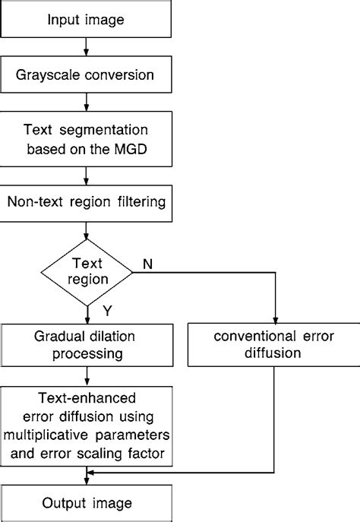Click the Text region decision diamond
click(87, 271)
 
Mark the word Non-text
click(33, 202)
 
